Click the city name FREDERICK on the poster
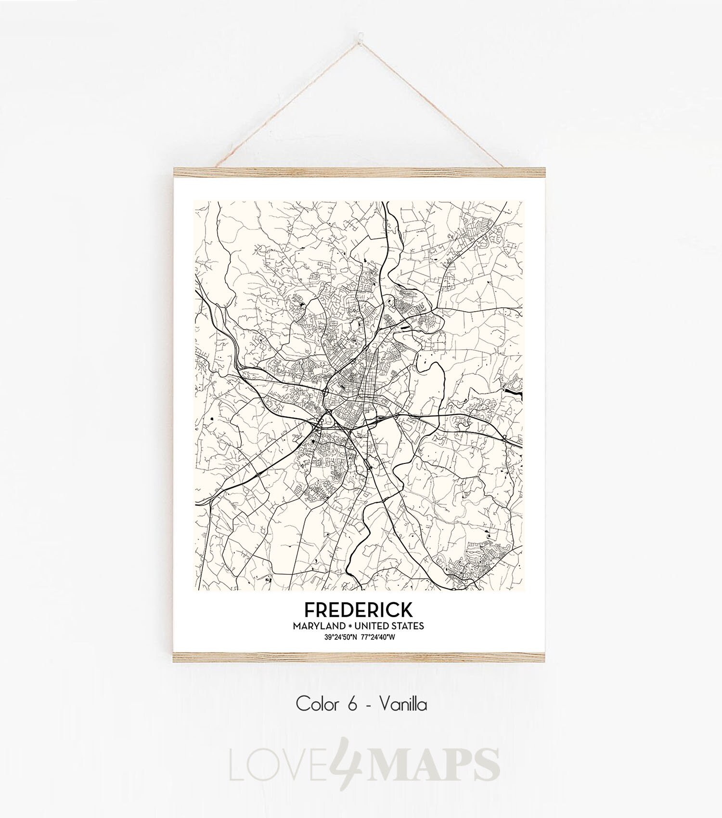[358, 610]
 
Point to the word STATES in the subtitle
[408, 626]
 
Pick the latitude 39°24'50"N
[340, 637]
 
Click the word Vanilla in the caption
[403, 705]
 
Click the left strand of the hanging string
[289, 101]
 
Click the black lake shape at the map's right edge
[516, 392]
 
